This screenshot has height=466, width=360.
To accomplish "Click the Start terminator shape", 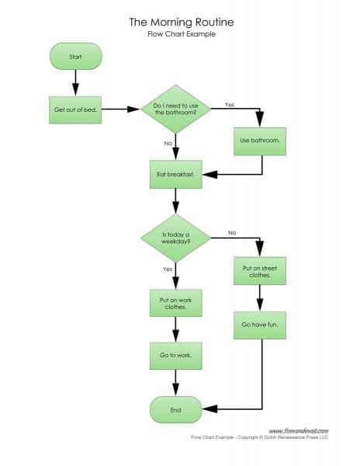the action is pos(76,57).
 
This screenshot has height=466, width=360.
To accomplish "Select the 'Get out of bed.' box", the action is pos(75,110).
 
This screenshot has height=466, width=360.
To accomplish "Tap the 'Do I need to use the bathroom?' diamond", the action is pos(175,109).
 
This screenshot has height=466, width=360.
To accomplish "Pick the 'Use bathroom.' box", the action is pos(260,141).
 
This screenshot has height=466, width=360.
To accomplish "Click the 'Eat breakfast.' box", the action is pos(175,175).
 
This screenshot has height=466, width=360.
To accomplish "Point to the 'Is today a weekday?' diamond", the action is pos(175,238).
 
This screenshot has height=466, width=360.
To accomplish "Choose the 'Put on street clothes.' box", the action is pos(260,271).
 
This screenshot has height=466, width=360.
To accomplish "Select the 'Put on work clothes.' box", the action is pos(175,303).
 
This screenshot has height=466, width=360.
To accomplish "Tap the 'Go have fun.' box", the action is pos(260,325).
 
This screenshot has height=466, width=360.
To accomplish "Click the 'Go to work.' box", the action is pos(175,356).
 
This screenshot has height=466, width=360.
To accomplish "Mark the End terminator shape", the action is pos(175,410).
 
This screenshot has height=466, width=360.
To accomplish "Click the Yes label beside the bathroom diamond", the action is pos(230,105).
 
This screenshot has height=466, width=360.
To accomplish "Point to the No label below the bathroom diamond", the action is pos(168,143).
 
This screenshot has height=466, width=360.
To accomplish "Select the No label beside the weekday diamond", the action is pos(232,233).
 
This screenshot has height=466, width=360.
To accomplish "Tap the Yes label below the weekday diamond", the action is pos(168,270).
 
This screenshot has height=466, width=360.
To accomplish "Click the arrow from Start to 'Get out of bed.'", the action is pos(76,82).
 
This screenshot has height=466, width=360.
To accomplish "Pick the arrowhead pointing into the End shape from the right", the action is pos(209,409).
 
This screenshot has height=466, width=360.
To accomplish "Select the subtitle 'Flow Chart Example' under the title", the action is pos(182,34).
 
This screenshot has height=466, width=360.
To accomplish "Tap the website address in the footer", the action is pos(299,431).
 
